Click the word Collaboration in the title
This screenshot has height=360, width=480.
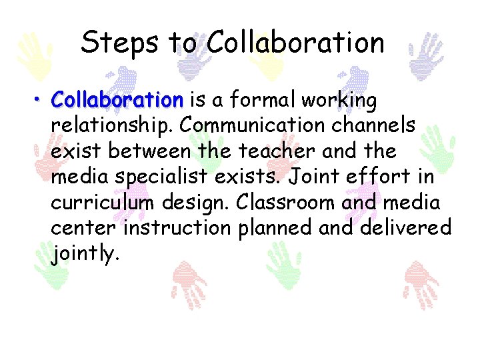point(295,43)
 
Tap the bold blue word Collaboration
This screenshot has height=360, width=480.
point(117,101)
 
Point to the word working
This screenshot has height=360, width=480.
point(339,101)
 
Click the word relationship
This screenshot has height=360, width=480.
point(111,126)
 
